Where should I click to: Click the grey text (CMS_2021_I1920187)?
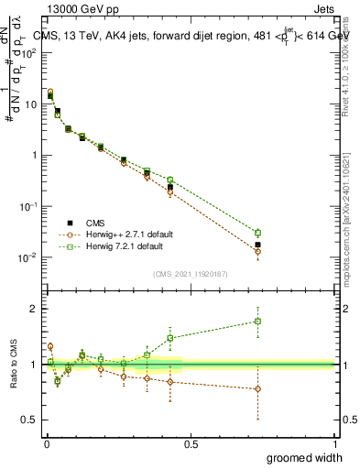click(190, 273)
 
